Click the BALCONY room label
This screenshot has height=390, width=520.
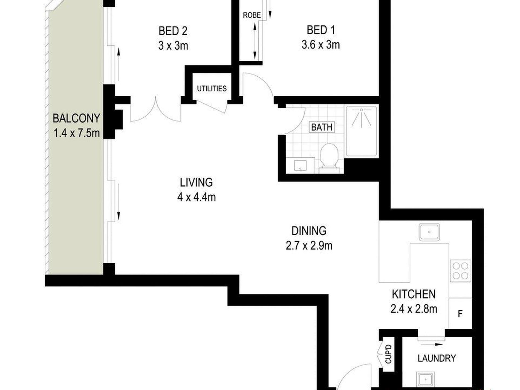[76, 119]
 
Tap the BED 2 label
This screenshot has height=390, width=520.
[173, 31]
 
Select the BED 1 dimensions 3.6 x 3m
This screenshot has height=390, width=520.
[321, 45]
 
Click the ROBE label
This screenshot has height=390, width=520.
[252, 15]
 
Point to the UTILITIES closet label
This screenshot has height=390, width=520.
[212, 89]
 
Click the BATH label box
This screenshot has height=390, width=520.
[322, 127]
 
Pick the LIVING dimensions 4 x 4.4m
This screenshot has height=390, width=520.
[197, 197]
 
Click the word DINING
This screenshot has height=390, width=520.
[309, 231]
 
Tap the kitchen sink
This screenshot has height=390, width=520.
[429, 232]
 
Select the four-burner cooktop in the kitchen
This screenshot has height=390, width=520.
[460, 271]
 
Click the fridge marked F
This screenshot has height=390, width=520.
[460, 313]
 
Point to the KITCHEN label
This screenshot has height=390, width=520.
[414, 294]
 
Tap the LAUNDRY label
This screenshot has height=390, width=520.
[437, 358]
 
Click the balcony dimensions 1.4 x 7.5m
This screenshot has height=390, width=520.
[76, 134]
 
